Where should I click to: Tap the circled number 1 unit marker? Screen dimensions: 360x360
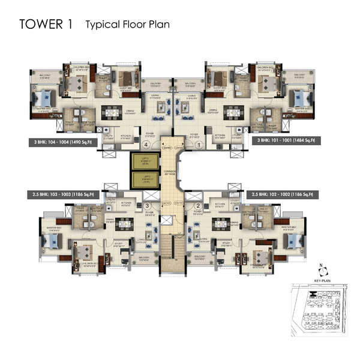(198, 145)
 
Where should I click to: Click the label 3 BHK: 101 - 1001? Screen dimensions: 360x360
(286, 140)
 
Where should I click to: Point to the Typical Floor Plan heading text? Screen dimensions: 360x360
(128, 25)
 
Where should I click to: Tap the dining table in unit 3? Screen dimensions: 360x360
(125, 224)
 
